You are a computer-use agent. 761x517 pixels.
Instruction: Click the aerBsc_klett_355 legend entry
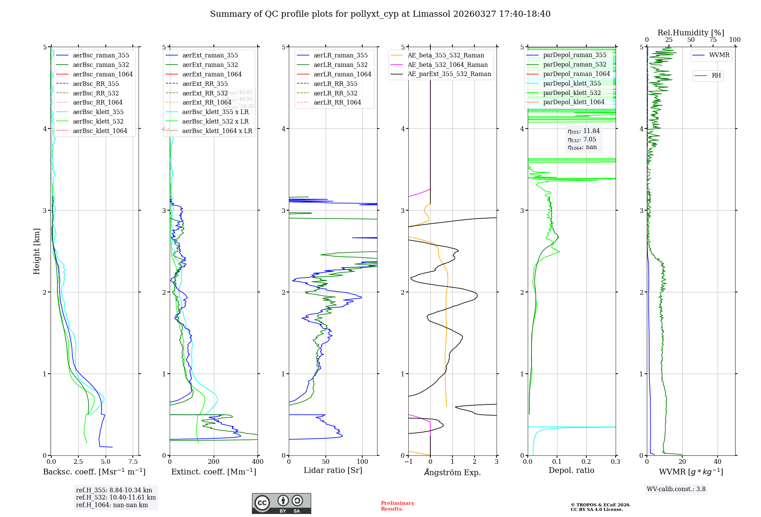(98, 112)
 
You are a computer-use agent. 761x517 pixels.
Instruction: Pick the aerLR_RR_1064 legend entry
(337, 102)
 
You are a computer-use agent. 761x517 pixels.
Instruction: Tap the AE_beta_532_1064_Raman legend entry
(447, 65)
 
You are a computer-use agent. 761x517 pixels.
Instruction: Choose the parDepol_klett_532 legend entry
(572, 93)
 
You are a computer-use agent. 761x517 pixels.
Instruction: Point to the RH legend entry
(716, 76)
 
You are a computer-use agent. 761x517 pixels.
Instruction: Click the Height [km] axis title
(37, 251)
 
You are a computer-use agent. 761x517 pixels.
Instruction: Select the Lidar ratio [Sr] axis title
(333, 470)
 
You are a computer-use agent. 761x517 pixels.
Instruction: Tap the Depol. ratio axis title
(571, 470)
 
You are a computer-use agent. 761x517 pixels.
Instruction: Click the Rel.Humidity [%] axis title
(691, 33)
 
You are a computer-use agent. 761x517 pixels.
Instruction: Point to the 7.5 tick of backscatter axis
(133, 462)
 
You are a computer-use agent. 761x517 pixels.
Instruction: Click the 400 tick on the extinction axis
(258, 462)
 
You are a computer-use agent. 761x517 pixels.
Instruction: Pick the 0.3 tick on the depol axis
(615, 462)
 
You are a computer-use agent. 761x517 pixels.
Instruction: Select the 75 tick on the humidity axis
(713, 40)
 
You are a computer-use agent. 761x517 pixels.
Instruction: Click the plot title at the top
(380, 14)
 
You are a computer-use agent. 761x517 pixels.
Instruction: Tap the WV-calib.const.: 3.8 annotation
(676, 489)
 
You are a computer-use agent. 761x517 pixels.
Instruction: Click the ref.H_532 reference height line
(116, 498)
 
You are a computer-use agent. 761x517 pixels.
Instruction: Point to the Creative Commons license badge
(281, 503)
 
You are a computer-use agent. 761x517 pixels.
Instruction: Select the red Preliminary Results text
(397, 506)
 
